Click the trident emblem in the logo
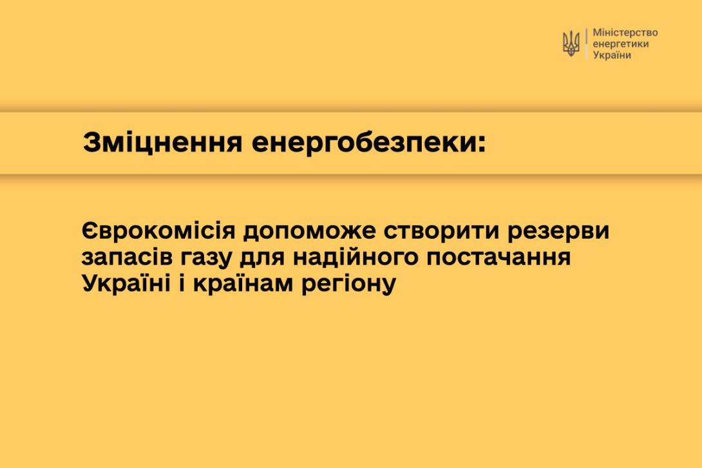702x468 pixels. coord(571,44)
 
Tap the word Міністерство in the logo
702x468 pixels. coord(625,33)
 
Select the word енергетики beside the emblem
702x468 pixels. coord(620,44)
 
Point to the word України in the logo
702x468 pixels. coord(612,55)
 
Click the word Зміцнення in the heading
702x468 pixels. coord(162,142)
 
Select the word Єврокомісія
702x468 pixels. coord(158,231)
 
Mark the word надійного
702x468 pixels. coord(355,257)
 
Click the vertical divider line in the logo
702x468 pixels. coord(586,44)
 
